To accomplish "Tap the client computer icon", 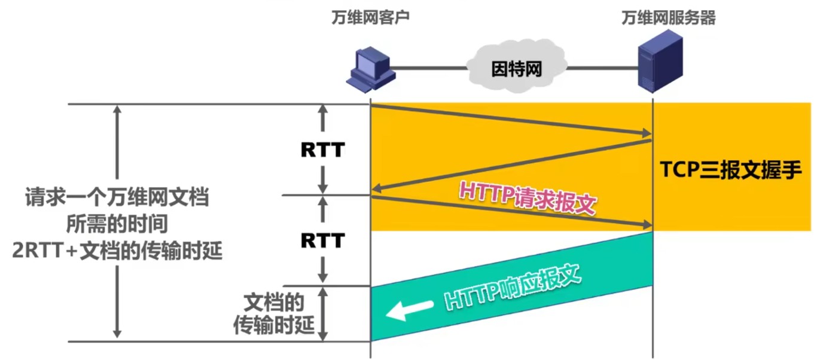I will click(x=371, y=67).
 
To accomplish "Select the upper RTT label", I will click(x=322, y=150).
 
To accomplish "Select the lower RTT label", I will click(x=322, y=240).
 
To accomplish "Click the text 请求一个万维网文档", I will click(x=117, y=197).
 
